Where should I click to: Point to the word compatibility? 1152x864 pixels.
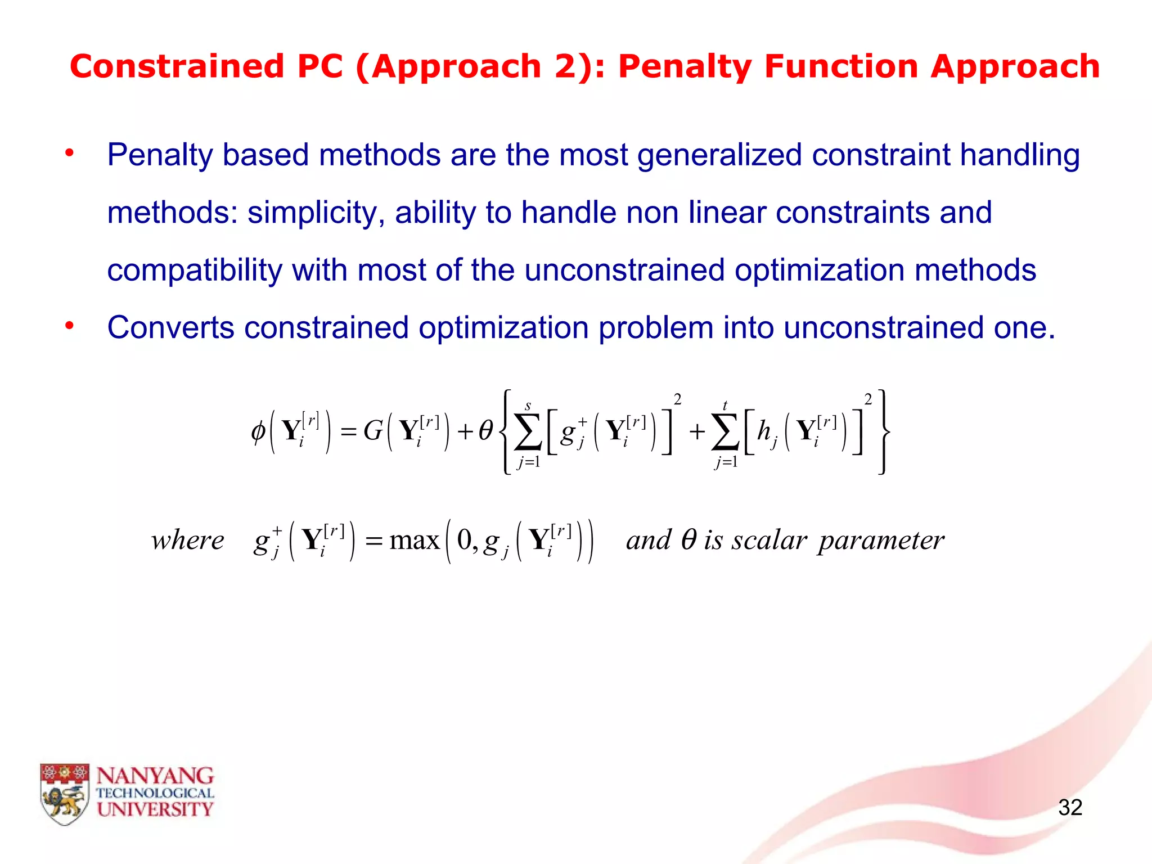(x=194, y=271)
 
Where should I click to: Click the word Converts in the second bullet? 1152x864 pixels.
(x=170, y=327)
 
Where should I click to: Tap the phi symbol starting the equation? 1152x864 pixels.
(x=258, y=432)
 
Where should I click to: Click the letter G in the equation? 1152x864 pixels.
(x=373, y=431)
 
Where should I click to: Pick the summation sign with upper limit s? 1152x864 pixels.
(x=528, y=433)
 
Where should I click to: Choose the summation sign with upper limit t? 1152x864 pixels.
(x=725, y=433)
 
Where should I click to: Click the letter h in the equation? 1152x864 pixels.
(x=763, y=431)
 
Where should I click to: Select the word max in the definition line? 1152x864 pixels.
(x=415, y=541)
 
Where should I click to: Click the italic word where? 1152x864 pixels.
(x=187, y=541)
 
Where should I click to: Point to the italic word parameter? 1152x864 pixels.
(x=881, y=541)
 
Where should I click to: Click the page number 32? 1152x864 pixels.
(x=1070, y=808)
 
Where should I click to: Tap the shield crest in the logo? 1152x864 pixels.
(x=64, y=794)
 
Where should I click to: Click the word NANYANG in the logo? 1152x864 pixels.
(x=155, y=776)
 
